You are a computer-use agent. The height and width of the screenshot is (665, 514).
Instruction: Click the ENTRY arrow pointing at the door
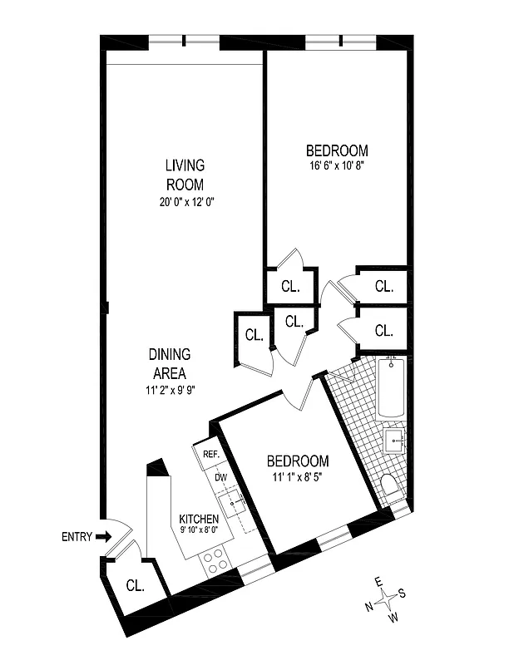tap(102, 537)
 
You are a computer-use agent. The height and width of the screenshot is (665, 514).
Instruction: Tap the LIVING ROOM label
tap(185, 175)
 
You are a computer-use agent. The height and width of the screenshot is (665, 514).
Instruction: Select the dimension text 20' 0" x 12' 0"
tap(185, 201)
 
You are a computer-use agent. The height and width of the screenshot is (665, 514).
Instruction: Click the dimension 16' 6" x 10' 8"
tap(337, 165)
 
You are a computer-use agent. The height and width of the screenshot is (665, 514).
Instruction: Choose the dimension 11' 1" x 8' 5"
tap(298, 476)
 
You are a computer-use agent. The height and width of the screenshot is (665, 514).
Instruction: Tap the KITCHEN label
tap(199, 520)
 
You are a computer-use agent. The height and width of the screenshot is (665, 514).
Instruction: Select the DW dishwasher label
tap(221, 477)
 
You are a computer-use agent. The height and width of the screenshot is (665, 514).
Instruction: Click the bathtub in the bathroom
tap(390, 387)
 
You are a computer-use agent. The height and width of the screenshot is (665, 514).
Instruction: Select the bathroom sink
tap(394, 438)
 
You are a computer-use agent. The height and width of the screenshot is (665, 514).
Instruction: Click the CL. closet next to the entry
tap(135, 584)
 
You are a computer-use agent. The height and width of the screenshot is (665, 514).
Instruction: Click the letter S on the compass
tap(403, 593)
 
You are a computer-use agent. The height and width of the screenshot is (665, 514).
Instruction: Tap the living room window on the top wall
tap(184, 41)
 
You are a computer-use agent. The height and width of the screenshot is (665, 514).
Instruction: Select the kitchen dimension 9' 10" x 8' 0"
tap(199, 530)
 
